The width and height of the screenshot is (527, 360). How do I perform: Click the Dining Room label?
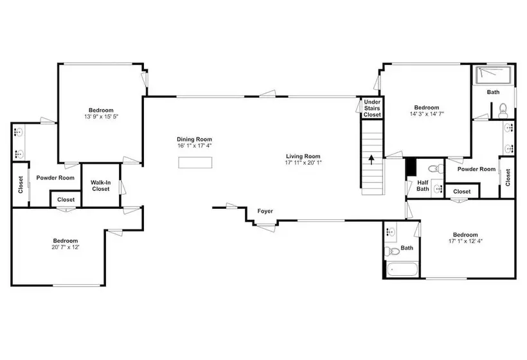point(194,139)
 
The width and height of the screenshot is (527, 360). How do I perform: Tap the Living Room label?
point(303,156)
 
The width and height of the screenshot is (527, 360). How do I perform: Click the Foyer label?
point(265,211)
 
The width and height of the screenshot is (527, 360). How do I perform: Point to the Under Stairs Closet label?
point(372,108)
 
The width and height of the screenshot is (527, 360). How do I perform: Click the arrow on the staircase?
point(371,159)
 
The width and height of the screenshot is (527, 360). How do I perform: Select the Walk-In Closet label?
point(101,186)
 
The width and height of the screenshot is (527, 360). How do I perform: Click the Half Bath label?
point(423,186)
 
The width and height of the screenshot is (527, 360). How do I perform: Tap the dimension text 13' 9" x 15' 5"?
point(101,116)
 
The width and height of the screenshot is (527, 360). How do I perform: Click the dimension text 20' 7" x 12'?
point(66,247)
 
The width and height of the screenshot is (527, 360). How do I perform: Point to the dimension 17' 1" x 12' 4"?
point(465,241)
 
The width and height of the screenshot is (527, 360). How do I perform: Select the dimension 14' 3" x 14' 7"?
point(427,114)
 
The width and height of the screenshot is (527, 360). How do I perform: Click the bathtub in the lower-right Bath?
point(402,269)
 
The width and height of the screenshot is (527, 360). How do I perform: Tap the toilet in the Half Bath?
point(436,168)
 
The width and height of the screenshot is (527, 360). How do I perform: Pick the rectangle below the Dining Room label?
point(195,163)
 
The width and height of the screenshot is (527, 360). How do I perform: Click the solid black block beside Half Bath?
point(411,166)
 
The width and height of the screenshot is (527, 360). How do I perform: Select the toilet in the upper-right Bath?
point(503,111)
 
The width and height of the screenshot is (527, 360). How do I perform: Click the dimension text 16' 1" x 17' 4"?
point(195,145)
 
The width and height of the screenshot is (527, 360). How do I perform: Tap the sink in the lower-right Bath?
point(391,232)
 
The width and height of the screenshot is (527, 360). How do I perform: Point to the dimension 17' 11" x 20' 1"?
point(303,163)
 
